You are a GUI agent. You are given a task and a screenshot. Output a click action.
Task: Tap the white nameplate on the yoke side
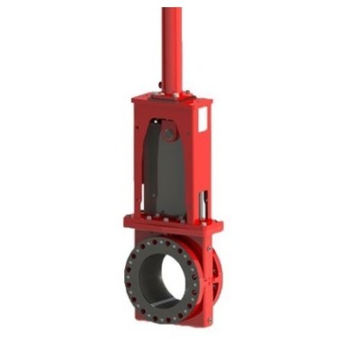pos(203,121)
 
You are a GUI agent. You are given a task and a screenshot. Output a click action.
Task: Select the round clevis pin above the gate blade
pos(168,135)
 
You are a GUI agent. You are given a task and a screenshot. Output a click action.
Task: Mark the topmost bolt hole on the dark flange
pos(162,240)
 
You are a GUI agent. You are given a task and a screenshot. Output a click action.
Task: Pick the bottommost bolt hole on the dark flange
pos(165,318)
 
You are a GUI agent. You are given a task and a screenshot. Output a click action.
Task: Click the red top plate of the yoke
pos(171,100)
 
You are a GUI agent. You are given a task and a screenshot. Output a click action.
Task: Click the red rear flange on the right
pos(215,279)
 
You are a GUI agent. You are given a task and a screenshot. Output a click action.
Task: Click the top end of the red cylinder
pos(171,11)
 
